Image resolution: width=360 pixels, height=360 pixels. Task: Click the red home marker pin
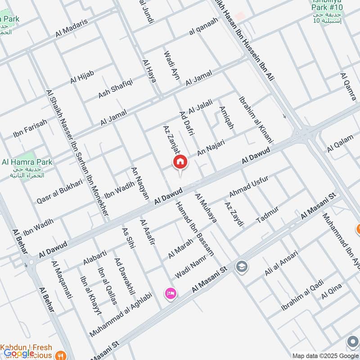(180, 162)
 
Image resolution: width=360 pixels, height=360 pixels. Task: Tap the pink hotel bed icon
(171, 293)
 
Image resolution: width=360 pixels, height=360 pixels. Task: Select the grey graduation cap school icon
(241, 266)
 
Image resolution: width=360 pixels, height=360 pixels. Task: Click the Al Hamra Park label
(27, 162)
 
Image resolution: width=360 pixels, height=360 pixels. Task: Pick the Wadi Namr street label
(190, 267)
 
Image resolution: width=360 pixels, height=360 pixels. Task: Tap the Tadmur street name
(267, 215)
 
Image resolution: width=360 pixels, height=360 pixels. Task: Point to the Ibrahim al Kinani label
(253, 113)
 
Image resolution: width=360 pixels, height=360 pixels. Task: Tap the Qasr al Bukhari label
(60, 191)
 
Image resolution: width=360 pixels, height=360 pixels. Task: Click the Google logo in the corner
(19, 353)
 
